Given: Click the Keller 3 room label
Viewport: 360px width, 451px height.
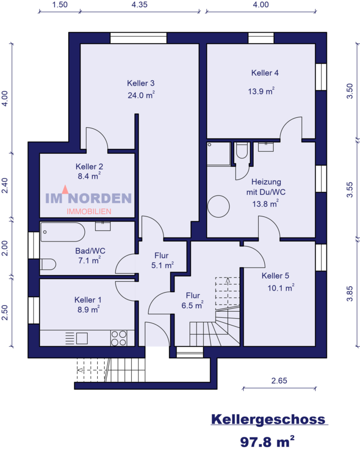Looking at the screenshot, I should [140, 83].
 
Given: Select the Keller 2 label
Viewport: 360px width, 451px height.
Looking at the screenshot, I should [89, 166].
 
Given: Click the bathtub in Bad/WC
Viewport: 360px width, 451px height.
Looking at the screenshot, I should [63, 232].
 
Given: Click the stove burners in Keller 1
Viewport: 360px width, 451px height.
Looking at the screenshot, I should [119, 338].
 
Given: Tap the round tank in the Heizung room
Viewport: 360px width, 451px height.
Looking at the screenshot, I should [219, 206].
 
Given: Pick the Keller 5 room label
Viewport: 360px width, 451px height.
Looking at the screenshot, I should [275, 276].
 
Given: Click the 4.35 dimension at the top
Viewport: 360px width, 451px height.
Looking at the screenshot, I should [139, 5].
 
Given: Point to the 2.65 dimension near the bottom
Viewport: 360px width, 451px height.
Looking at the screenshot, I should [279, 381].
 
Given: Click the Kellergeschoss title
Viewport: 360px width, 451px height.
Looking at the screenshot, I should [268, 419].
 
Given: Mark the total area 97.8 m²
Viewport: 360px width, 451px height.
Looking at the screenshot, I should [267, 441].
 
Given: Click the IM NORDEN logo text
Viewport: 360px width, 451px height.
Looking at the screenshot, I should [88, 199].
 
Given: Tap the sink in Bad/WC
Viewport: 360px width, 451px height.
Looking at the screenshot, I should [103, 226].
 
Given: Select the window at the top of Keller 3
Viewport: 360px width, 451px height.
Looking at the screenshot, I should [138, 38].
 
